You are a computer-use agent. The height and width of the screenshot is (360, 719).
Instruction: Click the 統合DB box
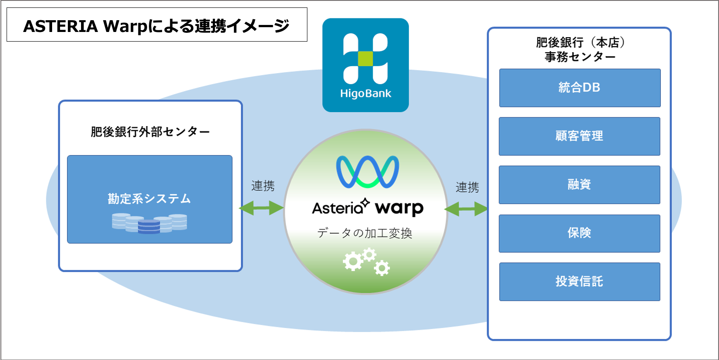(579, 88)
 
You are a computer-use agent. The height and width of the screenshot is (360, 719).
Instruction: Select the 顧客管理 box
(579, 136)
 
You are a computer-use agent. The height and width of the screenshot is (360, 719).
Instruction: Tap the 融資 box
(579, 184)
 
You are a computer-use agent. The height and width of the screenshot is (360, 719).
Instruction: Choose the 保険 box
(579, 233)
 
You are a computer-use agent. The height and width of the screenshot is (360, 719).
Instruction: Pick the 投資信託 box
(579, 282)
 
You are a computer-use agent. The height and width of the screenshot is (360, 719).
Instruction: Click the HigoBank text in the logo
(366, 94)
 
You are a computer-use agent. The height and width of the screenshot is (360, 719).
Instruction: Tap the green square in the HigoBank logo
(365, 59)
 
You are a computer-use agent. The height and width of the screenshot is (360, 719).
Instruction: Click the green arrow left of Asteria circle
(261, 208)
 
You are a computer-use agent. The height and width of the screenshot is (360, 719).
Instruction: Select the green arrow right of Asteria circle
(466, 209)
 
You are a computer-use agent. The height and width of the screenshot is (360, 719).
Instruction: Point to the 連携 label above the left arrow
(263, 186)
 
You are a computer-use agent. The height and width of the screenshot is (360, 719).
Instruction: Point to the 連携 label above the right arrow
(467, 187)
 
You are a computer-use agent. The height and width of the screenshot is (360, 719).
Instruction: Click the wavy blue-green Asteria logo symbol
(367, 172)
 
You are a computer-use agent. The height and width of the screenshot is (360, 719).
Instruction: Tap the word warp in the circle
(399, 208)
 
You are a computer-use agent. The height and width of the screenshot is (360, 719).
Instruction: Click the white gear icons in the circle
(366, 262)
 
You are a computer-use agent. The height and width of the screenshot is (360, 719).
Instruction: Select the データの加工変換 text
(365, 233)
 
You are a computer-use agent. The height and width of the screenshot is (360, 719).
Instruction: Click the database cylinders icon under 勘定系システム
(149, 223)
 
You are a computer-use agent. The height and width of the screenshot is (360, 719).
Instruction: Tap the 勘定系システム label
(149, 199)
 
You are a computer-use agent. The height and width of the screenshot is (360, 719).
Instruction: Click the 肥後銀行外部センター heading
(150, 132)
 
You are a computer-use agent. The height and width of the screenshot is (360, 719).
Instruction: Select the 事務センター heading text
(580, 57)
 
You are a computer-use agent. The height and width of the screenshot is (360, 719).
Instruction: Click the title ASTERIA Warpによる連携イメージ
(156, 26)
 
